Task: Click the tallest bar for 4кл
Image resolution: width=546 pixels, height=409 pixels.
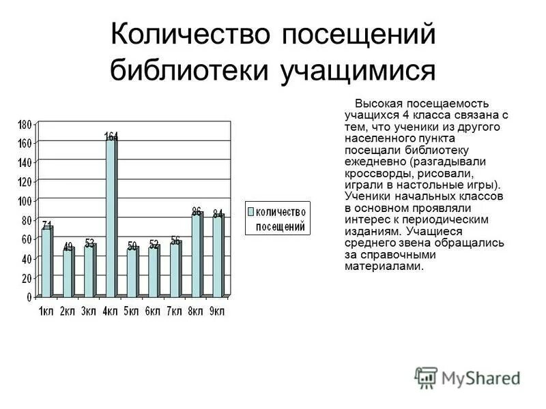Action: click(111, 218)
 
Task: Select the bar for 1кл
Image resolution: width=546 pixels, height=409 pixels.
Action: click(46, 262)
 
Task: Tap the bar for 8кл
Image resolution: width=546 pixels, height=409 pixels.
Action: click(197, 255)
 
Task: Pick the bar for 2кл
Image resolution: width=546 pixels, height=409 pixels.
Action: click(68, 273)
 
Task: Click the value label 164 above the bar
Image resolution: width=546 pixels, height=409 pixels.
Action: click(111, 136)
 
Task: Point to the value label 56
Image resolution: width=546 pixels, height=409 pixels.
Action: click(175, 240)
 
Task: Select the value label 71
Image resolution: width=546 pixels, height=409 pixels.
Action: click(46, 225)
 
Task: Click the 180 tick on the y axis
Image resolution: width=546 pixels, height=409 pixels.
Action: click(25, 124)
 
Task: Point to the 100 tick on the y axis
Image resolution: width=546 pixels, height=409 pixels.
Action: click(25, 201)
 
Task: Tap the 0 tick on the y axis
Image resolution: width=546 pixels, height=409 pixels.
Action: click(29, 297)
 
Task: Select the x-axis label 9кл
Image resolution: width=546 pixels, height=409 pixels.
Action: click(217, 311)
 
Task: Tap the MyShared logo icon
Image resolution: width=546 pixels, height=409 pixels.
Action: click(427, 377)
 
